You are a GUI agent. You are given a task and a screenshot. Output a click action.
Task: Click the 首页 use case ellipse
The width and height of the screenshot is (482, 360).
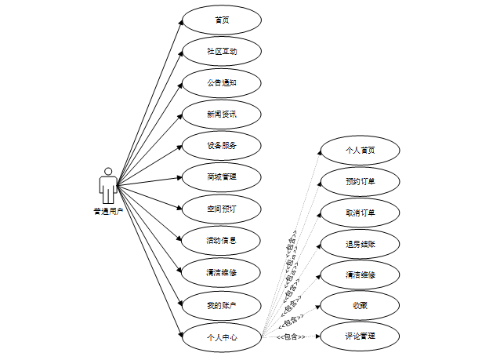(221, 20)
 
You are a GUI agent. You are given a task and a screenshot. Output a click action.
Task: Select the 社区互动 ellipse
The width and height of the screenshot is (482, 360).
(221, 51)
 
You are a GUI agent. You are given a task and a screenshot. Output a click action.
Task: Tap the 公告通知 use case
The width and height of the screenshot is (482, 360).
(221, 82)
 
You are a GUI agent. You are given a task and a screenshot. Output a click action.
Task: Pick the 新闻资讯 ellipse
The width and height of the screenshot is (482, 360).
(221, 114)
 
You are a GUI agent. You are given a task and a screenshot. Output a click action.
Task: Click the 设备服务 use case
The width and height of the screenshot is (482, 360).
(221, 145)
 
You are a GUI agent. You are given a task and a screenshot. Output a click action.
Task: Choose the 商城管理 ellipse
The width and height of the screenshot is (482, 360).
(221, 177)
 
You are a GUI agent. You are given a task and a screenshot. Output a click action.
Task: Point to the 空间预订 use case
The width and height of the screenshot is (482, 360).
(221, 209)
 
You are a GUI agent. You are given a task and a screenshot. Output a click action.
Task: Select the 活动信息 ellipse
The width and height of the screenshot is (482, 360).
(221, 240)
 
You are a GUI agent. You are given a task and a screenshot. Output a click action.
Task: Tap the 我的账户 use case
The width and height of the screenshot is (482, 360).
(221, 304)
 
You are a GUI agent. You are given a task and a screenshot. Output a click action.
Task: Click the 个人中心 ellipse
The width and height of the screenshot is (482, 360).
(221, 337)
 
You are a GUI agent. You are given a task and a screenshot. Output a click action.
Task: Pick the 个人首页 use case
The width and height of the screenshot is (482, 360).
(360, 150)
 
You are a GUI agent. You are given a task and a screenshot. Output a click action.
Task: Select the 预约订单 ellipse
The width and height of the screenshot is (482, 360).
(360, 181)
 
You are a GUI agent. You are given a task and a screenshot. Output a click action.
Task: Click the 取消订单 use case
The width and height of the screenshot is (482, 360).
(360, 213)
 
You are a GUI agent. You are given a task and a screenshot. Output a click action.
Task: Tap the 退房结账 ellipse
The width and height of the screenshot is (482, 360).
(360, 244)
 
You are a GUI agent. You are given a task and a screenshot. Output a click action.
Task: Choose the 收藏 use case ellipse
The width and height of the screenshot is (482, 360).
(360, 305)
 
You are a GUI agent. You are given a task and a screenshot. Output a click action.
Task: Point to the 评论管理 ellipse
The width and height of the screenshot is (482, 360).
(360, 336)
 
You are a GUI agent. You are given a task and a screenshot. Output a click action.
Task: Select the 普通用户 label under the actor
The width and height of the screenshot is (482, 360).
(108, 211)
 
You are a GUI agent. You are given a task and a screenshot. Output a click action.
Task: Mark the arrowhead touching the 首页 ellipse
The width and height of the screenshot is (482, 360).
(180, 22)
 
